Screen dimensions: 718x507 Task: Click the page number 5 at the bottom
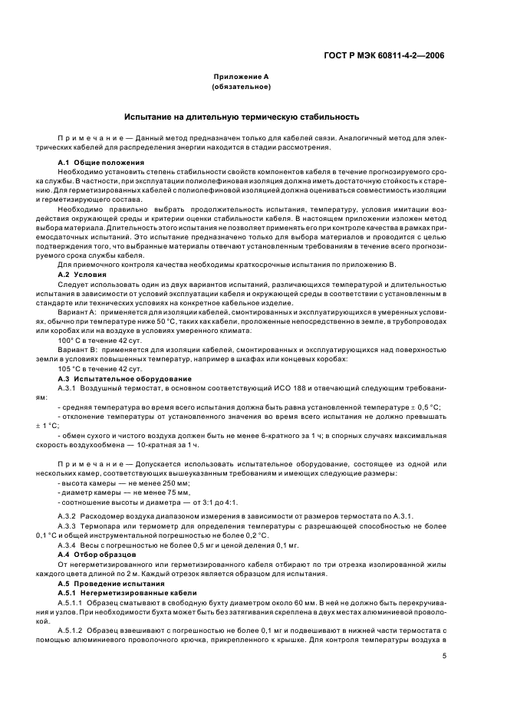coord(445,655)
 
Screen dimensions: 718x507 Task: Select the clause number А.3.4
coord(70,544)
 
